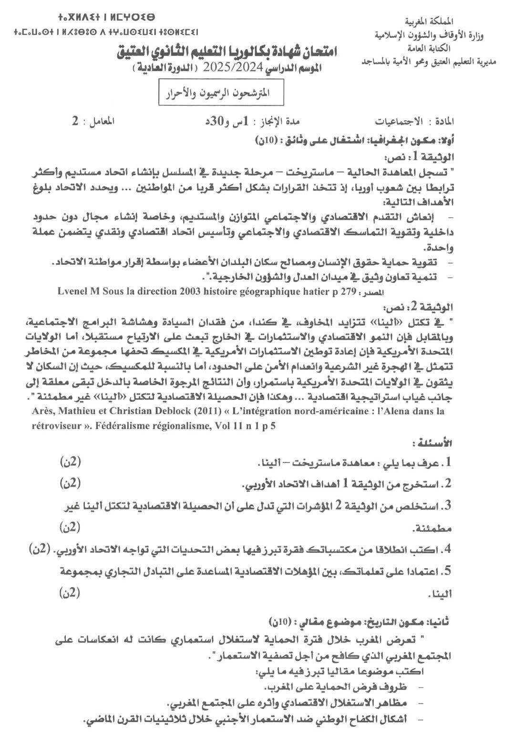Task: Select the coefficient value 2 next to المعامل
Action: [75, 121]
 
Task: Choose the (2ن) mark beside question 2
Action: [71, 483]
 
